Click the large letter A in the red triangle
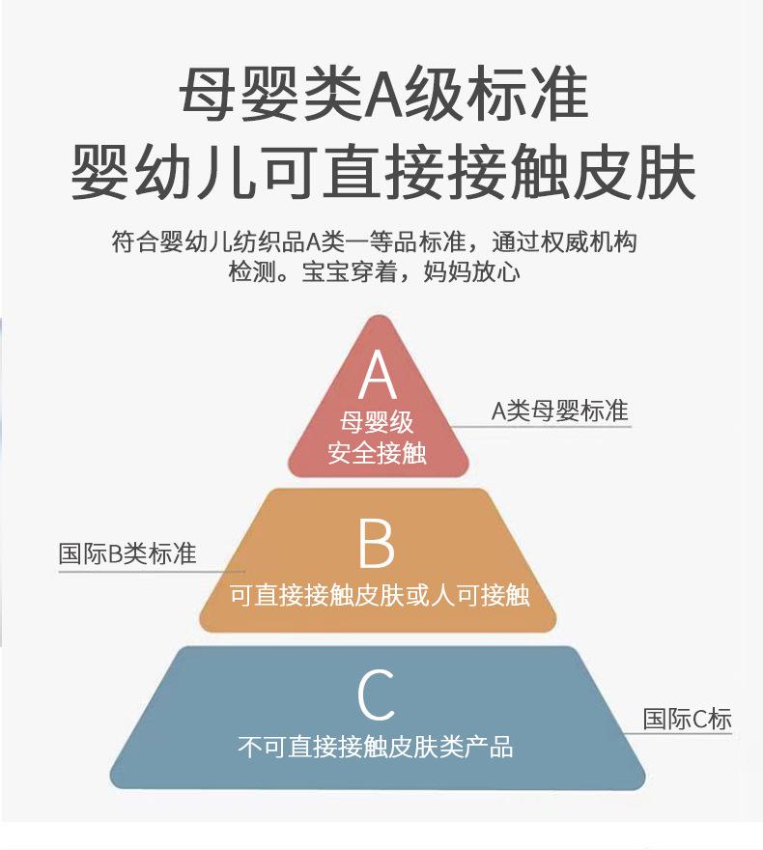tap(378, 377)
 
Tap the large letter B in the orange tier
tap(377, 544)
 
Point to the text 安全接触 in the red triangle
tap(377, 452)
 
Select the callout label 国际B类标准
tap(127, 554)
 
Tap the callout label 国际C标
tap(688, 719)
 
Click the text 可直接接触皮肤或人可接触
tap(380, 594)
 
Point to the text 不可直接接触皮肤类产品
tap(376, 747)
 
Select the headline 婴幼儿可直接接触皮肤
tap(383, 172)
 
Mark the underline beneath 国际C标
tap(688, 734)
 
